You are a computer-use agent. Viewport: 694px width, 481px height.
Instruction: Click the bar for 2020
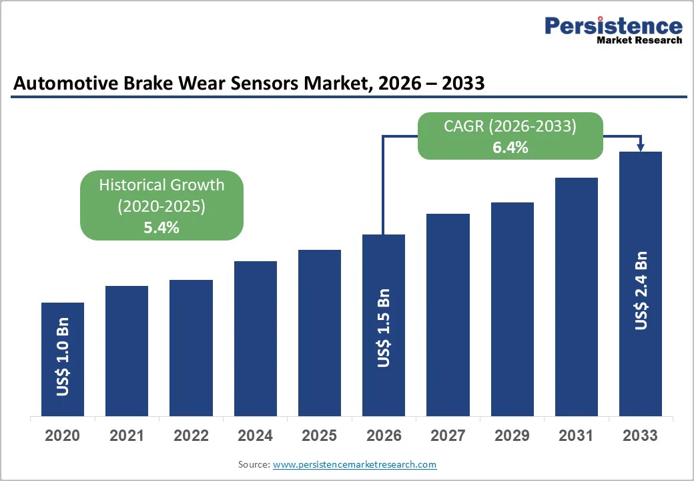[63, 359]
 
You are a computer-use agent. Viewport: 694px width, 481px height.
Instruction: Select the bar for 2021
[127, 351]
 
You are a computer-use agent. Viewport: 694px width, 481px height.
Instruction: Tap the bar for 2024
[255, 339]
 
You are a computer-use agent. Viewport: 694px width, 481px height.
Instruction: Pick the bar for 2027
[448, 315]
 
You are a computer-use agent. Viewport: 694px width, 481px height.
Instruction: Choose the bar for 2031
[576, 297]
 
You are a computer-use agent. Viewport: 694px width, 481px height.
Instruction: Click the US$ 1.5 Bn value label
[384, 328]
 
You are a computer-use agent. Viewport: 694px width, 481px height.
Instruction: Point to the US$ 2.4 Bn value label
[641, 290]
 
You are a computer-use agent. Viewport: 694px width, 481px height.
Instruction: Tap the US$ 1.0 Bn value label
[63, 361]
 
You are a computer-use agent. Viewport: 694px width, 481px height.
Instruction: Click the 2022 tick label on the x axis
[191, 436]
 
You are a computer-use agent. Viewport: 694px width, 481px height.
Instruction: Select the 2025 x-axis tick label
[319, 436]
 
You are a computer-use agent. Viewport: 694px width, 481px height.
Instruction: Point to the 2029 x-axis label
[512, 436]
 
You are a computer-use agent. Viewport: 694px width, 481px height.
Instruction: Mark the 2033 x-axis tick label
[640, 436]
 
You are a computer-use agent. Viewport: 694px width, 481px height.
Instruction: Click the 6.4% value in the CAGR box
[510, 148]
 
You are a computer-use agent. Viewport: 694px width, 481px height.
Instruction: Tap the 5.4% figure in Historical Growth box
[161, 227]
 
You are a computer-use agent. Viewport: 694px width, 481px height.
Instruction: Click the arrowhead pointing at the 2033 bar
[641, 147]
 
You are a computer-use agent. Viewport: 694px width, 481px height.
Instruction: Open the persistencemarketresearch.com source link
[354, 464]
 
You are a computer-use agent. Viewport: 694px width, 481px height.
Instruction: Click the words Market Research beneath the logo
[639, 40]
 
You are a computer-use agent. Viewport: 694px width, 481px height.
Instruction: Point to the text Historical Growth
[161, 185]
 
